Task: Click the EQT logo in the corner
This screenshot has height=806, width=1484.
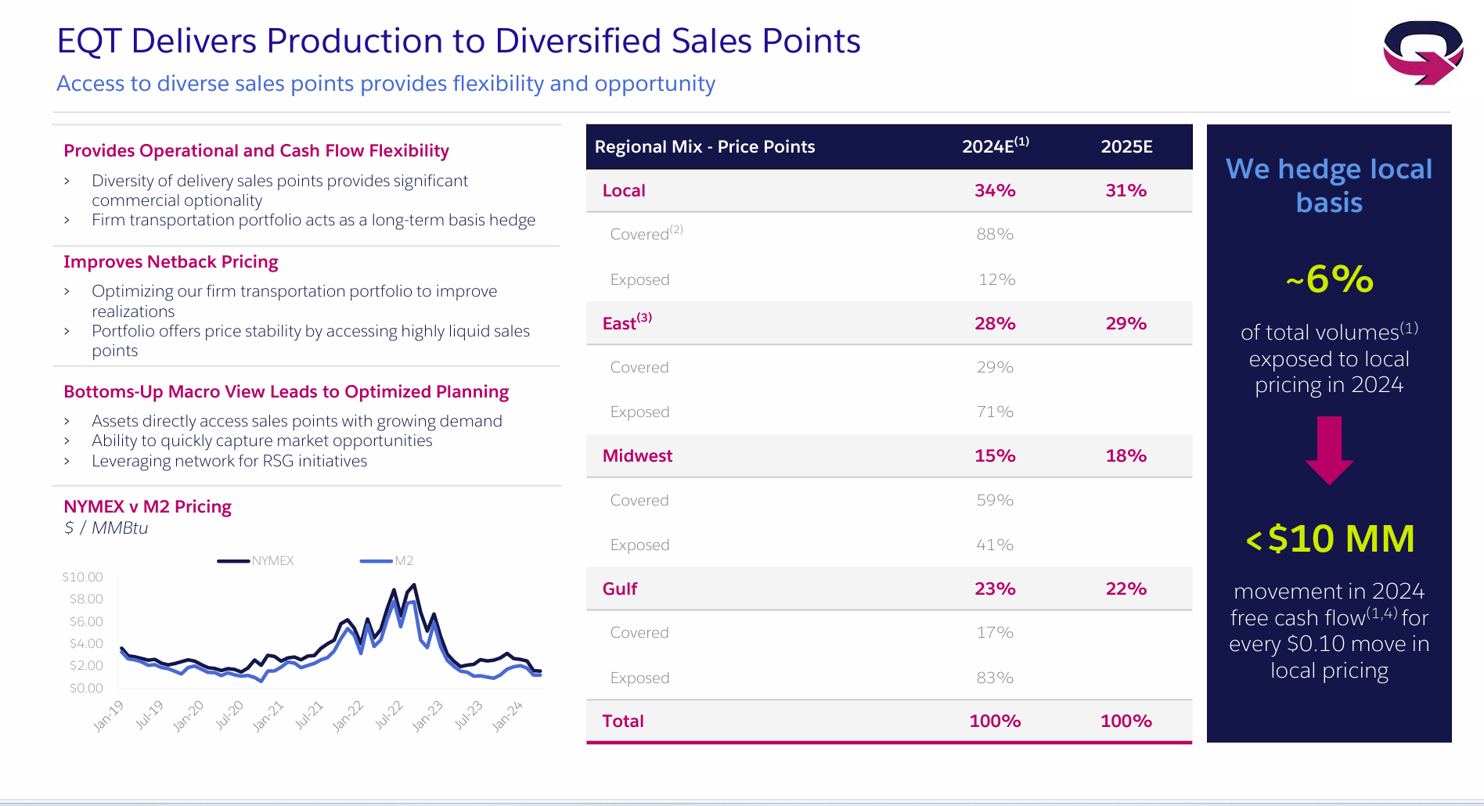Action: (1422, 52)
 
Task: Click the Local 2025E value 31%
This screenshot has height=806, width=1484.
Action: (1126, 190)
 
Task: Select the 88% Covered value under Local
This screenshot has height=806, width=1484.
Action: (995, 234)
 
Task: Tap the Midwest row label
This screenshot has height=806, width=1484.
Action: (637, 455)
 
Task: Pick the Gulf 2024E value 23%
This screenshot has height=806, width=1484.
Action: (995, 588)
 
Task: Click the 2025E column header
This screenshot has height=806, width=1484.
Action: (1126, 146)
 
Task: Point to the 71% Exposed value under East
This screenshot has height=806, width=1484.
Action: (995, 412)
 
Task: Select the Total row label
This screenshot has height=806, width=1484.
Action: (623, 721)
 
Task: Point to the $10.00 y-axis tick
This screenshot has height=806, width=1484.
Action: (83, 577)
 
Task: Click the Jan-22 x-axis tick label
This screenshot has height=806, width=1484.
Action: (348, 715)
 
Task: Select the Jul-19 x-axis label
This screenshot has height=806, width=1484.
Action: (149, 714)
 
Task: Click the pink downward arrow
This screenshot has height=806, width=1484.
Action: (1329, 450)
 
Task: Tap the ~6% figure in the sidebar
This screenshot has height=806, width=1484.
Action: (1329, 279)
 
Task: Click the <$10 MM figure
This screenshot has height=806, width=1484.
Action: (1329, 538)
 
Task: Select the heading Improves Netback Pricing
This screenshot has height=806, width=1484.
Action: (171, 261)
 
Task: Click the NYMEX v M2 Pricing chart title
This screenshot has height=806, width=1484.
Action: (147, 506)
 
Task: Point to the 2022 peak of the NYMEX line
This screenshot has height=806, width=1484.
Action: (413, 585)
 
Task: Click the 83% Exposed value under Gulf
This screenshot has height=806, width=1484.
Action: (995, 678)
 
